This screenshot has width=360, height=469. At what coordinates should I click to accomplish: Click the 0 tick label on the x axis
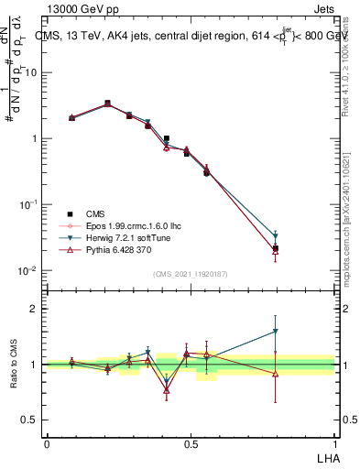[47, 442]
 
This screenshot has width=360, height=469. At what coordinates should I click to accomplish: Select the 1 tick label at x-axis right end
[335, 442]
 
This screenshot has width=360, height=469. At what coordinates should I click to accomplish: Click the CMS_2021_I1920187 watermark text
[191, 274]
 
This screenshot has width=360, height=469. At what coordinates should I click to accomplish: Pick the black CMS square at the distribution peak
[107, 104]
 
